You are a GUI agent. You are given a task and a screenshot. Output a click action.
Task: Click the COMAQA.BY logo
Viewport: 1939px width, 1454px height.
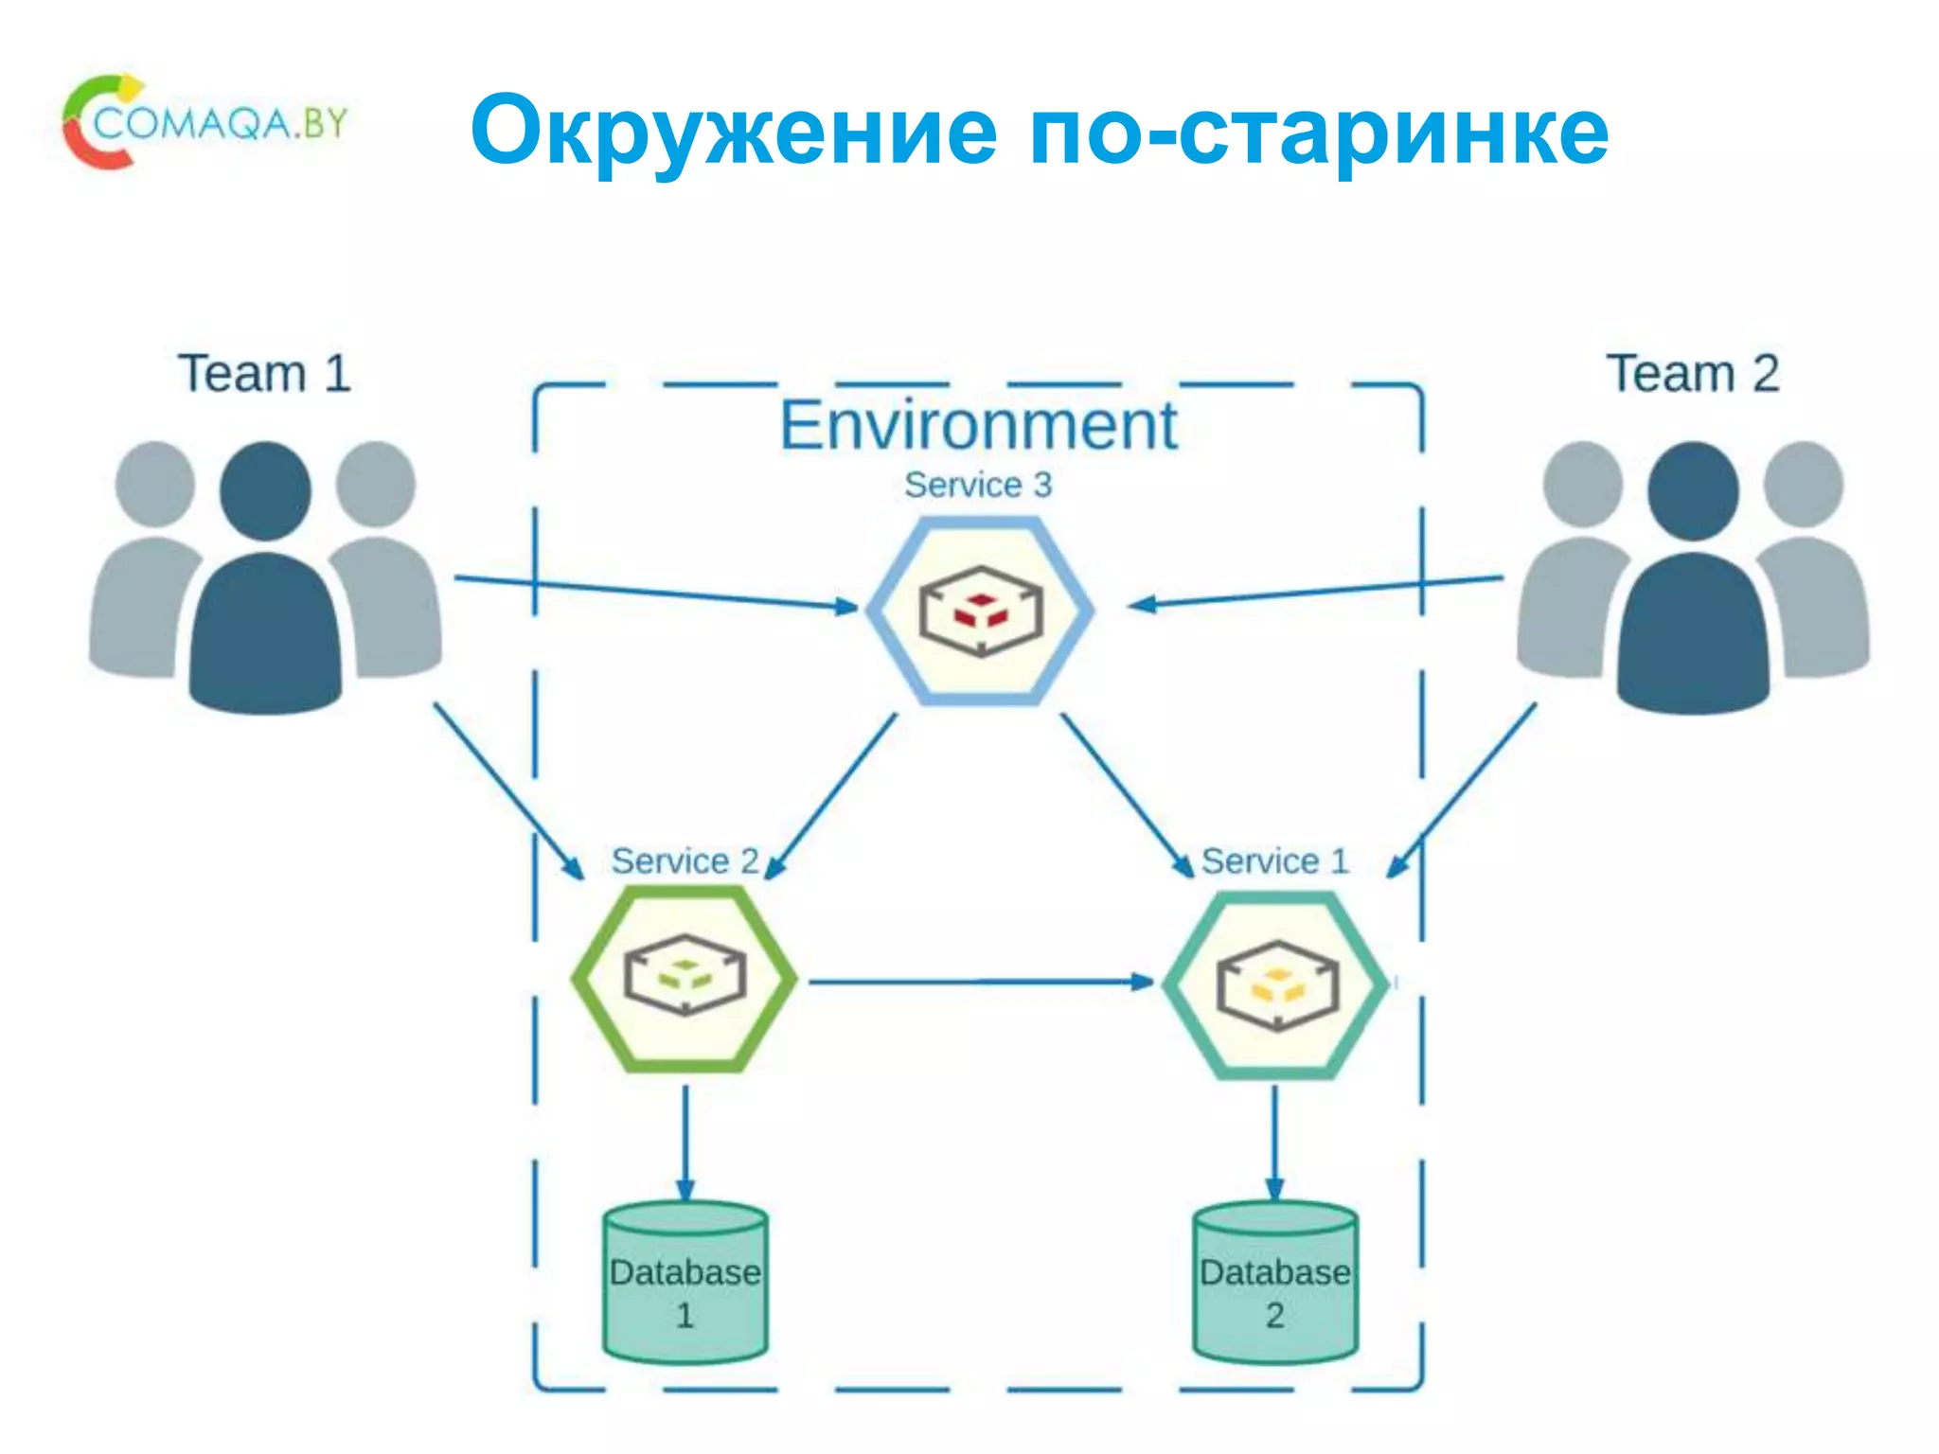coord(205,122)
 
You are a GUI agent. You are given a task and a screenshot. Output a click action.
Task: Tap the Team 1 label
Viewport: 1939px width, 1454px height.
coord(264,373)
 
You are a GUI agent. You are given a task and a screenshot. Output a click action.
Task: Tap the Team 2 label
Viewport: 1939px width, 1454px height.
coord(1693,373)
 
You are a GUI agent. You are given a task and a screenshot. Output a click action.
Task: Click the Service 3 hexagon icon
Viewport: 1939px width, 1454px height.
coord(981,611)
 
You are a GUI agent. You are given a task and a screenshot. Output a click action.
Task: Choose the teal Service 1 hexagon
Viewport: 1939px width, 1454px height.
coord(1276,984)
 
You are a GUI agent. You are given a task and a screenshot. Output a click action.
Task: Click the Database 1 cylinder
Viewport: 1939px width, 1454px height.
coord(685,1283)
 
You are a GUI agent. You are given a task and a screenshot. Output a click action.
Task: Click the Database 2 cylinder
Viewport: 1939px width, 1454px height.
coord(1275,1283)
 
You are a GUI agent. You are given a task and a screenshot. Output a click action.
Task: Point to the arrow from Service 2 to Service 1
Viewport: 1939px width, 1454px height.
coord(980,982)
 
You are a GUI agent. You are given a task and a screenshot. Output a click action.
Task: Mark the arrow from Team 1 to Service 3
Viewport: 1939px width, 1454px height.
coord(653,593)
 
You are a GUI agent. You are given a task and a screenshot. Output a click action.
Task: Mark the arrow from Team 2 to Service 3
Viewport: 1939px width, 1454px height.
coord(1316,592)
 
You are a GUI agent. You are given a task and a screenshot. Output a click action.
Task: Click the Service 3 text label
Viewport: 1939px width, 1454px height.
coord(978,485)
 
